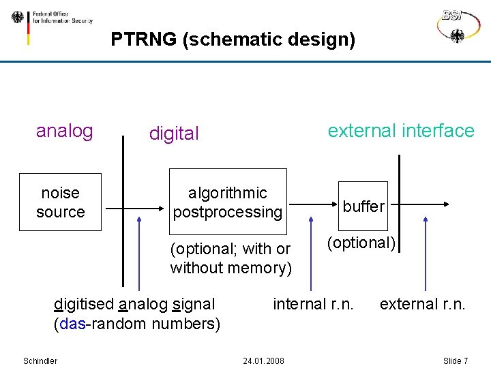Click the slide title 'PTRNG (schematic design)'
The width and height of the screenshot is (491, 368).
pyautogui.click(x=233, y=40)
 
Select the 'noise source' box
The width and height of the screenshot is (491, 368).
pyautogui.click(x=61, y=203)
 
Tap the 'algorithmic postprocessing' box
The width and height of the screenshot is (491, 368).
pyautogui.click(x=228, y=203)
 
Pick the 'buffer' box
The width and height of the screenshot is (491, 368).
pyautogui.click(x=363, y=206)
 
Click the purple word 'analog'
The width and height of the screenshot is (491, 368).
pyautogui.click(x=64, y=131)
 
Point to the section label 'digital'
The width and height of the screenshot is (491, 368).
pyautogui.click(x=174, y=134)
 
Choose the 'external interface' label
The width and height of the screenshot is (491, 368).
pyautogui.click(x=400, y=131)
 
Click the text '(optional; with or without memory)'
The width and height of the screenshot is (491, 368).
pyautogui.click(x=230, y=258)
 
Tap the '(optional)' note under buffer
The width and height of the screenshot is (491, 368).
pyautogui.click(x=361, y=243)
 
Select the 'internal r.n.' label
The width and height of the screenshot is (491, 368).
pyautogui.click(x=313, y=304)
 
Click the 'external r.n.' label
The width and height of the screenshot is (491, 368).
pyautogui.click(x=422, y=304)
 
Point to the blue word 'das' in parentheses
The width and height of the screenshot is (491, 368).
pyautogui.click(x=72, y=323)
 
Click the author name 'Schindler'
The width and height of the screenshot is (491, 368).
pyautogui.click(x=40, y=361)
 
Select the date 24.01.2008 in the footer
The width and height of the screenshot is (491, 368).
pyautogui.click(x=263, y=361)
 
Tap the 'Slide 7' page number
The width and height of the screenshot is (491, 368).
pyautogui.click(x=455, y=361)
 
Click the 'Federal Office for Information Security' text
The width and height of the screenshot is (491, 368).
pyautogui.click(x=62, y=17)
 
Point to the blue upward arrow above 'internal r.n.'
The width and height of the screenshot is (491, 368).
pyautogui.click(x=311, y=252)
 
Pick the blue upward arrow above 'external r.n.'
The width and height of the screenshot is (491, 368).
pyautogui.click(x=426, y=252)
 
